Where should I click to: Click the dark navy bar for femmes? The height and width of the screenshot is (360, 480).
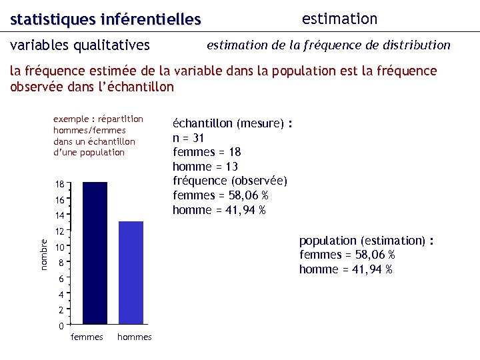pyautogui.click(x=95, y=253)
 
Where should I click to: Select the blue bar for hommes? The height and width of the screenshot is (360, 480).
pyautogui.click(x=131, y=273)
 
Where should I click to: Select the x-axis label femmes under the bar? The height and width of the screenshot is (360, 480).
pyautogui.click(x=87, y=337)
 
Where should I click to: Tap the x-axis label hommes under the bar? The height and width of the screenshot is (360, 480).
pyautogui.click(x=135, y=337)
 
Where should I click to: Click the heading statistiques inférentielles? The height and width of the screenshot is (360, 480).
pyautogui.click(x=105, y=20)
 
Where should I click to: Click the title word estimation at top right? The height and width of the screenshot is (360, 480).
pyautogui.click(x=339, y=19)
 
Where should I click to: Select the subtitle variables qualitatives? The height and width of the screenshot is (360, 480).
pyautogui.click(x=80, y=45)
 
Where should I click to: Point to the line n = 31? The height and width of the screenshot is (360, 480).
pyautogui.click(x=189, y=138)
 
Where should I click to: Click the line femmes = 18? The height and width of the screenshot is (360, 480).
pyautogui.click(x=207, y=152)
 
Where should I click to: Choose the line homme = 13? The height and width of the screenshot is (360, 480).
pyautogui.click(x=205, y=167)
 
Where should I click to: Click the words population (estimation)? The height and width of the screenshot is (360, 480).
pyautogui.click(x=362, y=241)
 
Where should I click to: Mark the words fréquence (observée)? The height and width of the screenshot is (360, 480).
pyautogui.click(x=230, y=181)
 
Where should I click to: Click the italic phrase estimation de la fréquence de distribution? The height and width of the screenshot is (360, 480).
pyautogui.click(x=329, y=45)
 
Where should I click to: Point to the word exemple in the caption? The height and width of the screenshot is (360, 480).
pyautogui.click(x=70, y=119)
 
